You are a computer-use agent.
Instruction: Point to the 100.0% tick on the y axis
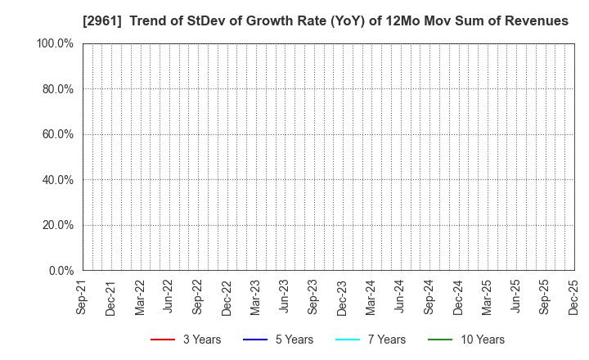click(x=55, y=43)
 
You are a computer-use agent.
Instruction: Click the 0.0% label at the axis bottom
click(x=61, y=270)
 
